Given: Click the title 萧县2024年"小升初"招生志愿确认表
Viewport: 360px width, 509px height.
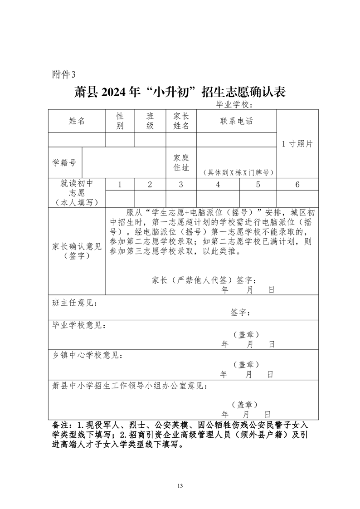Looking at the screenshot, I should point(180,93).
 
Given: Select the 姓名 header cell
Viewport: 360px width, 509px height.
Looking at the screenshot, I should point(77,121).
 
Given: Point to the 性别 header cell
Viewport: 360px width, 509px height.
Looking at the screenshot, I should point(120,121).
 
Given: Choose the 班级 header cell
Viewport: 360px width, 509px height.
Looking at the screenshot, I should point(150,121).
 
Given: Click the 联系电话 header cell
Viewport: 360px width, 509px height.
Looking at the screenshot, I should point(236,121).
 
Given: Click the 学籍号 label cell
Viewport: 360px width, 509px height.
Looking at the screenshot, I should point(64,162).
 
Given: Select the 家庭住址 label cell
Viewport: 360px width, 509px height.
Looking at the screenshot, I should point(181,162).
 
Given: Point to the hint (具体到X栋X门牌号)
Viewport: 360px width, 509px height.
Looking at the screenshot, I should point(236,172).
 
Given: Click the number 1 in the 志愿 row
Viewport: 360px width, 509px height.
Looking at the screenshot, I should point(120,185).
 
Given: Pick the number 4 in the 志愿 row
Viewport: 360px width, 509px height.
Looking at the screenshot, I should point(218,185).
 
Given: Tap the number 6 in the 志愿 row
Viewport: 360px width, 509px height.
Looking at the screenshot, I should point(297,185).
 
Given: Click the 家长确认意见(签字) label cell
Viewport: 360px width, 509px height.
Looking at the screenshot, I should point(77,251).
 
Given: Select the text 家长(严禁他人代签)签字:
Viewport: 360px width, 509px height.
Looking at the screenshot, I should point(206,279).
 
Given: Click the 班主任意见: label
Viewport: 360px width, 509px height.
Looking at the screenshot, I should point(75,303).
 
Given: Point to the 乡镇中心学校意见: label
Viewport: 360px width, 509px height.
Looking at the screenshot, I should point(87,355).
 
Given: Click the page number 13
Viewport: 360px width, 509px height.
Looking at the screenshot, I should point(180,485).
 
